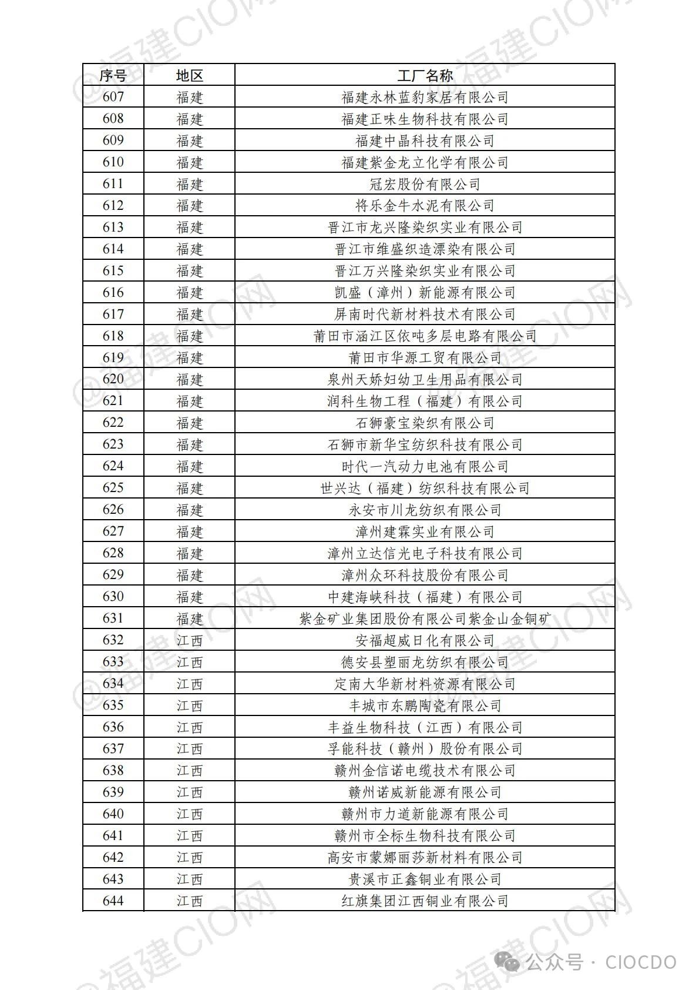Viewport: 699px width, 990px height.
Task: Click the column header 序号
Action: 113,75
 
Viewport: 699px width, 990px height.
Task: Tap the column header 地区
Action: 189,75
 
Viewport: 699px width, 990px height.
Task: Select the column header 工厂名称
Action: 425,75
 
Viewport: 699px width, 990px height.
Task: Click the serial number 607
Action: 113,97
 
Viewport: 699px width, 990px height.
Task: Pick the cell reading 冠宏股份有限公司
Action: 425,184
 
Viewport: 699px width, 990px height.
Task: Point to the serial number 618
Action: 113,336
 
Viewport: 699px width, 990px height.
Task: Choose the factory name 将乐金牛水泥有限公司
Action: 425,206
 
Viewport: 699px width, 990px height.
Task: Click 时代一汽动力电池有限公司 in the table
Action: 425,467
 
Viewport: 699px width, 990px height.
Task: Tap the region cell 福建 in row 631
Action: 189,618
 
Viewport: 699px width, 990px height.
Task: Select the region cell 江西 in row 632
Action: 189,640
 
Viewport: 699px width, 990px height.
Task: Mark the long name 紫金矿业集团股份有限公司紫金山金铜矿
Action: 425,618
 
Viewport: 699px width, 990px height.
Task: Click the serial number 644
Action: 113,901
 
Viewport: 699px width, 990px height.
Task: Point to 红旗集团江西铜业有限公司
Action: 425,901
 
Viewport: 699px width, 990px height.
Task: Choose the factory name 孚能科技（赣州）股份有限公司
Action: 425,749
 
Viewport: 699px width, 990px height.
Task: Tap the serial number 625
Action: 113,488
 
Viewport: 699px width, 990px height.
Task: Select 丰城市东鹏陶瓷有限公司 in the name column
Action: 425,705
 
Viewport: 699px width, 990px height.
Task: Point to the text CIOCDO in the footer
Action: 640,962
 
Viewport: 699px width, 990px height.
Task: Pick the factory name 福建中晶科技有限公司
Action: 425,141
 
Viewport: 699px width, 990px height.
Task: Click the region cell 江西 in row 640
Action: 189,814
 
